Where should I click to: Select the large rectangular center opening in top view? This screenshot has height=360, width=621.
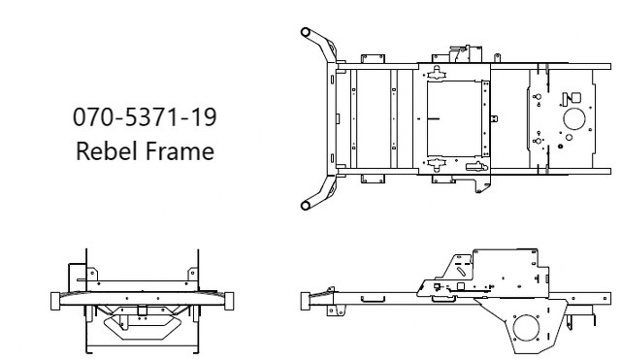pyautogui.click(x=455, y=119)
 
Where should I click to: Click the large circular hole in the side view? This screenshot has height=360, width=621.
pyautogui.click(x=529, y=325)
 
